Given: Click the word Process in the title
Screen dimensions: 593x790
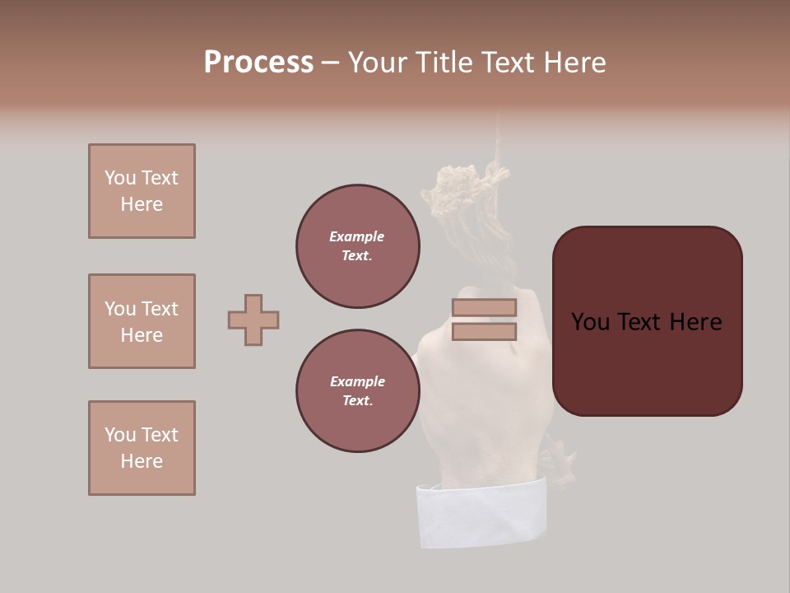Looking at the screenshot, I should pyautogui.click(x=258, y=63).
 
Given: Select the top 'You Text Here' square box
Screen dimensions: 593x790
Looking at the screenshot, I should pyautogui.click(x=142, y=191).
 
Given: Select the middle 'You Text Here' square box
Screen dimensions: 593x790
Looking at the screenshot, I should pyautogui.click(x=142, y=321).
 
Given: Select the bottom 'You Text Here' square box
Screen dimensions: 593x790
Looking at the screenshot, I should pyautogui.click(x=142, y=448).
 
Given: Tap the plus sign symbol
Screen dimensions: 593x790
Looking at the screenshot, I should pyautogui.click(x=253, y=320).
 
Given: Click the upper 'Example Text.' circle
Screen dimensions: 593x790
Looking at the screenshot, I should pyautogui.click(x=357, y=246).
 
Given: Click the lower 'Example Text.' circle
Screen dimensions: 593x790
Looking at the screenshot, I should pyautogui.click(x=357, y=391).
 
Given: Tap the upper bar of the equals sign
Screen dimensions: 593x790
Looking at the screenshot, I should pyautogui.click(x=484, y=307).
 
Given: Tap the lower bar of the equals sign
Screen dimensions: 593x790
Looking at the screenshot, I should pyautogui.click(x=484, y=332).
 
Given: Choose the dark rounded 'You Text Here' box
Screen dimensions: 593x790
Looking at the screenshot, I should pyautogui.click(x=647, y=321).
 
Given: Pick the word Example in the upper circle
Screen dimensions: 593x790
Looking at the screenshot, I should pyautogui.click(x=357, y=236).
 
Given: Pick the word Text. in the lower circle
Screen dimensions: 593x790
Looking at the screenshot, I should pyautogui.click(x=357, y=401).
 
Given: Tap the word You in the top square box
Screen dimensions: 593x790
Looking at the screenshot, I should pyautogui.click(x=120, y=178).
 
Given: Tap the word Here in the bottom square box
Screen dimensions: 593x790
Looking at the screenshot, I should pyautogui.click(x=142, y=461).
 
